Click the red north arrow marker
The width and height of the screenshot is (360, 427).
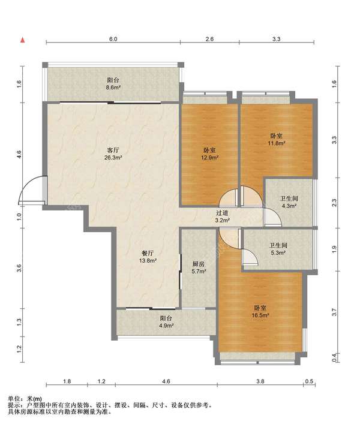point(23,41)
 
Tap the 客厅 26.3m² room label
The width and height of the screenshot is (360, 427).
point(113,154)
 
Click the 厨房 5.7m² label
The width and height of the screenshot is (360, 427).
point(199,267)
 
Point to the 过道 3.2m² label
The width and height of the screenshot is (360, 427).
point(222,216)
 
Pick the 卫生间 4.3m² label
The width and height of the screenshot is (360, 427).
point(289,202)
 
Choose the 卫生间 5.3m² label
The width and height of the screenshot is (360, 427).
point(278,249)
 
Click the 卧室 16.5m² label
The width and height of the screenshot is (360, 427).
point(260,311)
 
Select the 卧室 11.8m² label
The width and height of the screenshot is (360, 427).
point(277,139)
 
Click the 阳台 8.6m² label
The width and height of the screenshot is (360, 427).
point(113,84)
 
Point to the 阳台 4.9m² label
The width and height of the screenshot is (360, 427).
point(166,321)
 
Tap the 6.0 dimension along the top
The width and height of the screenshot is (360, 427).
point(113,39)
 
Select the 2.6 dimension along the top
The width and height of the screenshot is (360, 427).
point(209,39)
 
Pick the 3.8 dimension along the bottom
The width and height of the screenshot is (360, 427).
point(260,381)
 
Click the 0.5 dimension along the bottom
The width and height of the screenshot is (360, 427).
point(310,381)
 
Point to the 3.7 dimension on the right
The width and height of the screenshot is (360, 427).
point(335,312)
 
